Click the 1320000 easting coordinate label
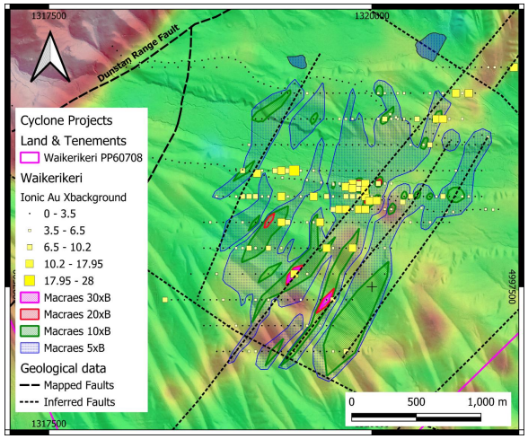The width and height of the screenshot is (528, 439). (x=372, y=16)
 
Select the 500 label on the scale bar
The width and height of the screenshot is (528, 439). (x=416, y=400)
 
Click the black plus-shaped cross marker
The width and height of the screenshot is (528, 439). (x=372, y=286)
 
